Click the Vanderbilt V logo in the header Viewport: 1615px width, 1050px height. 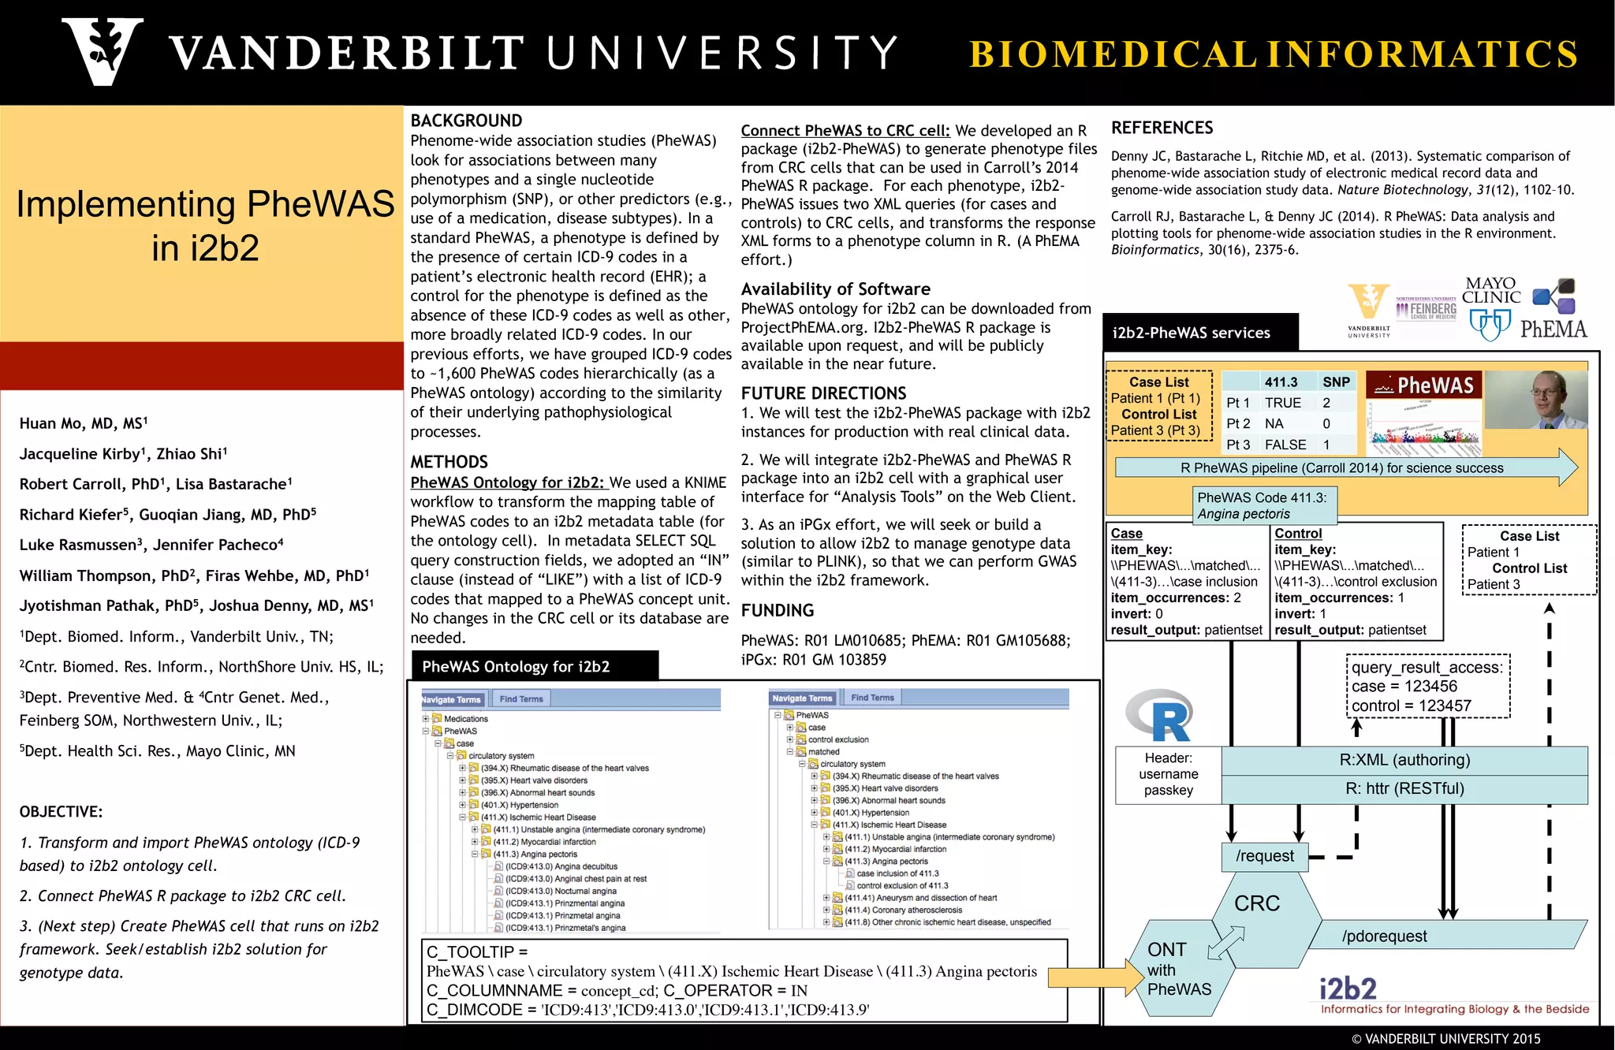point(103,51)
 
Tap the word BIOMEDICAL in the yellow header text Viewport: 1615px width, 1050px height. point(1112,54)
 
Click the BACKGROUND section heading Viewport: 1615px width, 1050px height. point(466,121)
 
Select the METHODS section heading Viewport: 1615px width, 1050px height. point(449,462)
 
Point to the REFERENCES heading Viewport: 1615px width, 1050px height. point(1162,128)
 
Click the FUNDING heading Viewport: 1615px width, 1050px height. point(777,610)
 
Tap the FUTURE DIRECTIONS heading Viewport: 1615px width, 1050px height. point(823,393)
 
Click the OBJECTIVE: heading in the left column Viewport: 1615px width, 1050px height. point(61,812)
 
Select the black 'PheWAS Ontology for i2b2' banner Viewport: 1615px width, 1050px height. point(533,666)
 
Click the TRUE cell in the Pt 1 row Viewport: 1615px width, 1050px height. point(1283,403)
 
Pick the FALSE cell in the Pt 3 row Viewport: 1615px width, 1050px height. point(1285,445)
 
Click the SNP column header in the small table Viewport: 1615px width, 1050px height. point(1336,382)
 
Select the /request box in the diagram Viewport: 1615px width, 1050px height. point(1264,856)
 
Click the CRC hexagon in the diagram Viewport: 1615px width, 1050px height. point(1257,903)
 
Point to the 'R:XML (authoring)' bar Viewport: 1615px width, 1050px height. point(1404,760)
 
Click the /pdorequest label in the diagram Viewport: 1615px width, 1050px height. point(1384,936)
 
